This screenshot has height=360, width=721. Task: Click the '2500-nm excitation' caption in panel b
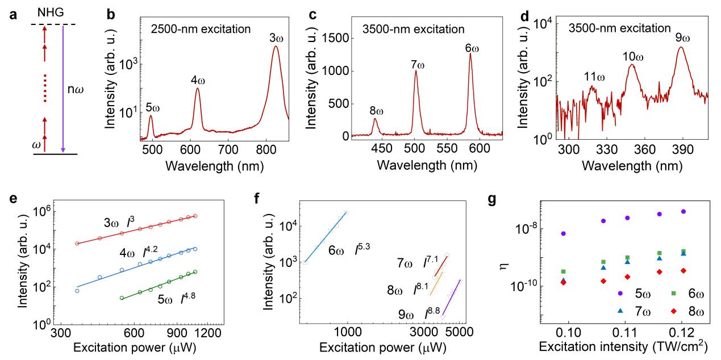point(199,27)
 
